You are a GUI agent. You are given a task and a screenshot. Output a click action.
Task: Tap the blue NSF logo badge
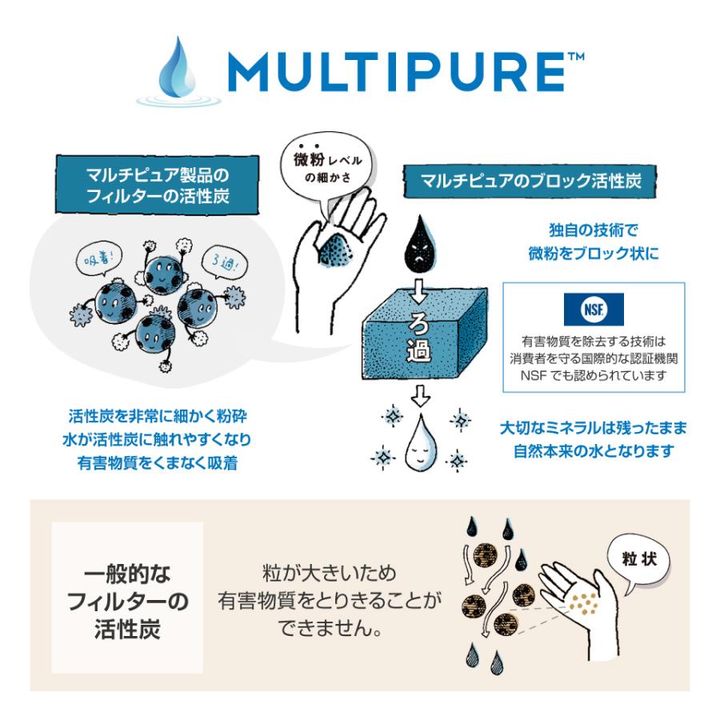594,309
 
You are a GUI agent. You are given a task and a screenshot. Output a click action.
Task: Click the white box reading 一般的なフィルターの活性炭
128,597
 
